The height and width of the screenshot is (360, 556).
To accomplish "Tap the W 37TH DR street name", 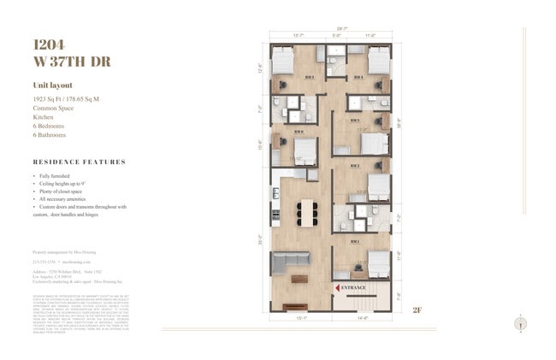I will [72, 62].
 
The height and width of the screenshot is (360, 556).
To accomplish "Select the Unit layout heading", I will [54, 86].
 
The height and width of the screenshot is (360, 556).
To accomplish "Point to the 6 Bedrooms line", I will [50, 126].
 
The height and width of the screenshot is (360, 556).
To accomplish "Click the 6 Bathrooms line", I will [51, 134].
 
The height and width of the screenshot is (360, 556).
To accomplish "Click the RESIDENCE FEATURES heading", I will [79, 162].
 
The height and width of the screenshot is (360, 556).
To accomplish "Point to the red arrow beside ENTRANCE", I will [338, 288].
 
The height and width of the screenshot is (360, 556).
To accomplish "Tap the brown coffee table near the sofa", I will [299, 278].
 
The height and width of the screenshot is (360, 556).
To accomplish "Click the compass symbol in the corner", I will [522, 323].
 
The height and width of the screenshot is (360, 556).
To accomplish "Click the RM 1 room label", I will [353, 242].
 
